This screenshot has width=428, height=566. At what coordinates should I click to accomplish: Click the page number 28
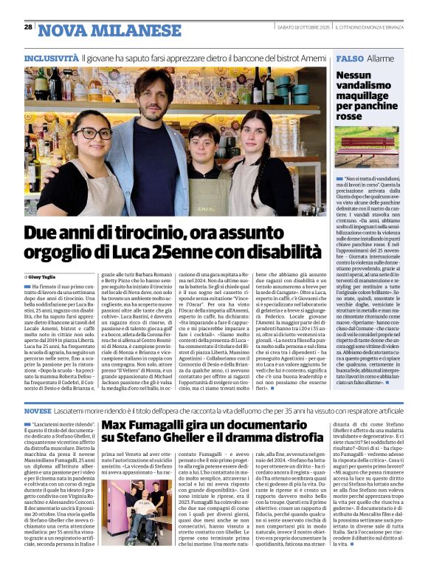tap(28, 27)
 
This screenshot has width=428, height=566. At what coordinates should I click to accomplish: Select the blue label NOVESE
tap(38, 409)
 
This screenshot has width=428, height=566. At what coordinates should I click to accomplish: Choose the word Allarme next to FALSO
tap(380, 58)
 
